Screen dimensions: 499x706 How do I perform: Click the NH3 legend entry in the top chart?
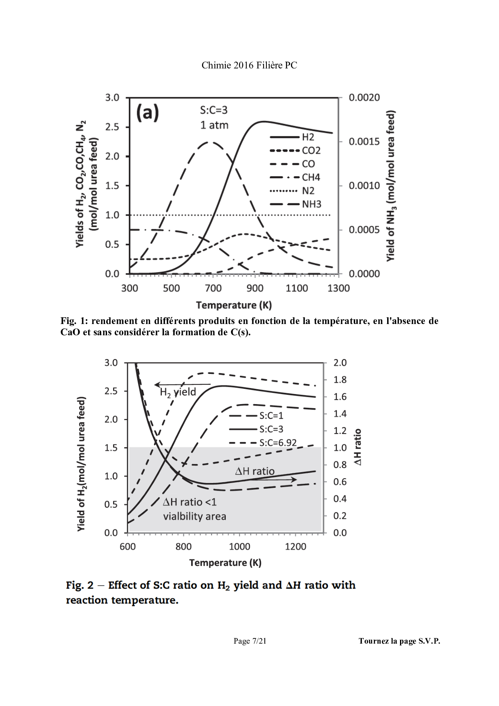tap(295, 204)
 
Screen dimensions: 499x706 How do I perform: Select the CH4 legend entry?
tap(295, 178)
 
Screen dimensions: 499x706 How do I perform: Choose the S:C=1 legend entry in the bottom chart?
tap(256, 416)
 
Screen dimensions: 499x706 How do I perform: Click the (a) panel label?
tap(148, 113)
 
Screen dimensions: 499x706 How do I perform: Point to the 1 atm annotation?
tap(214, 125)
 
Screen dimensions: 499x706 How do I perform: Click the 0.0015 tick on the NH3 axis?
tap(364, 142)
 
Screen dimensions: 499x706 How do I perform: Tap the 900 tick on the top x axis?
tap(255, 288)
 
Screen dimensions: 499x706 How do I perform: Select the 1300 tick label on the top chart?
tap(339, 288)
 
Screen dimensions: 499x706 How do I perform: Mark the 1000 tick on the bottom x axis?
tap(239, 547)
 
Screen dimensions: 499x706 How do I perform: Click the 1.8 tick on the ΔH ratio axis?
tap(340, 380)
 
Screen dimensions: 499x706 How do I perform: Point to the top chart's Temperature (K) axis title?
tap(234, 305)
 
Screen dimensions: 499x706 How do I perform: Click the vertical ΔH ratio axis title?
tap(357, 447)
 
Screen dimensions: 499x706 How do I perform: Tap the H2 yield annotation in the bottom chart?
tap(178, 392)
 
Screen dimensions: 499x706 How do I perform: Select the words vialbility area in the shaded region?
tap(194, 516)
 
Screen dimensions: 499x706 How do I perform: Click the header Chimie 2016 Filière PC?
tap(249, 65)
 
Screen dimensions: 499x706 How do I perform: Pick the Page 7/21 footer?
tap(250, 641)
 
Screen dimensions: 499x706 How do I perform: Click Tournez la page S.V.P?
tap(399, 641)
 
